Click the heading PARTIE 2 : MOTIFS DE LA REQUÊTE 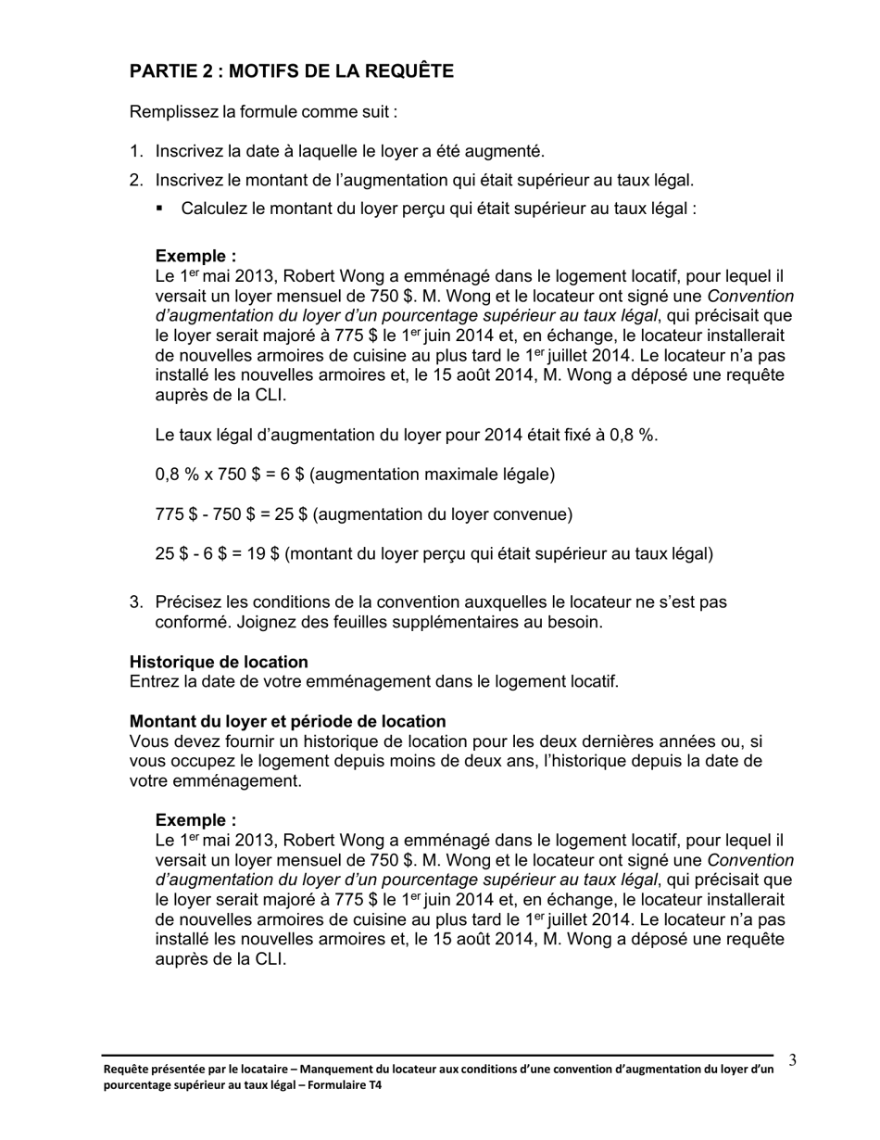[291, 71]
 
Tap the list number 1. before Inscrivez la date [136, 151]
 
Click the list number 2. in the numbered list [136, 180]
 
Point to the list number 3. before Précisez [136, 602]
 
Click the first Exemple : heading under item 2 [195, 256]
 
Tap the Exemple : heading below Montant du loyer [195, 820]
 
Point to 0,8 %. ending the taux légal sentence [634, 435]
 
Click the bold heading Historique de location [219, 662]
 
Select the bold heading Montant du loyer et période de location [287, 721]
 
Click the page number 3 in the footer [792, 1060]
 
